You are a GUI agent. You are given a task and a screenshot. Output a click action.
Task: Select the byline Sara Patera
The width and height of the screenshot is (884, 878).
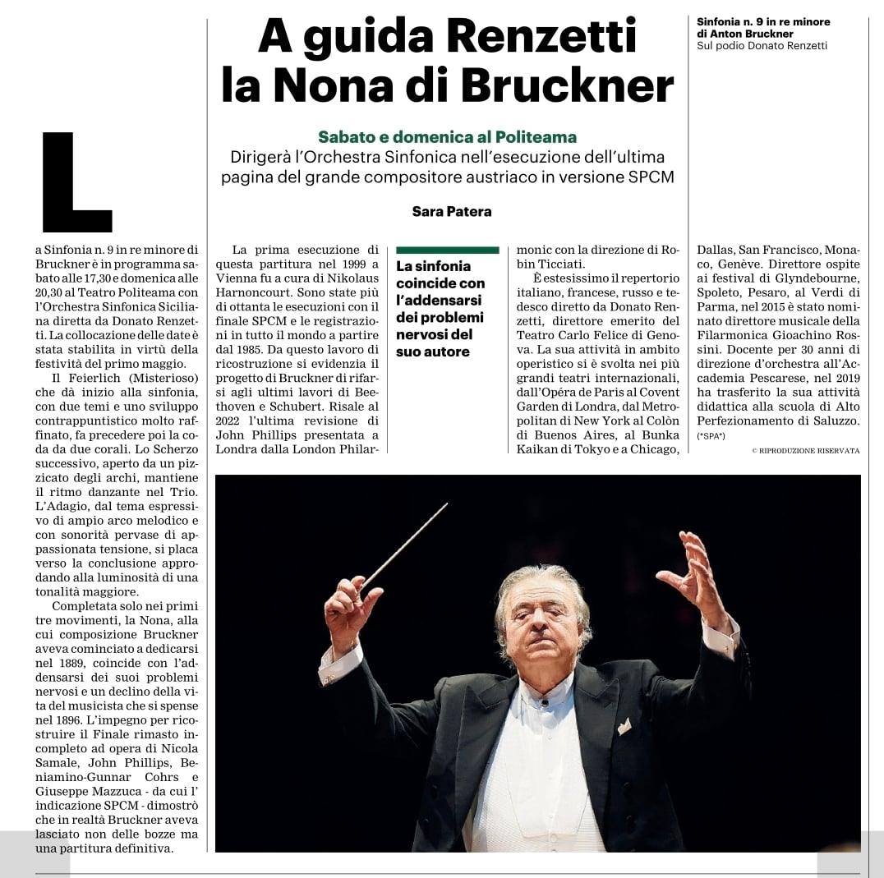point(451,212)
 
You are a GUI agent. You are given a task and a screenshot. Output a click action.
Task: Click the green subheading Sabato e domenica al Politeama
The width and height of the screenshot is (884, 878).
point(447,136)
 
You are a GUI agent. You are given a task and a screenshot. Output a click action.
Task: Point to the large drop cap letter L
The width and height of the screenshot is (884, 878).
point(76,181)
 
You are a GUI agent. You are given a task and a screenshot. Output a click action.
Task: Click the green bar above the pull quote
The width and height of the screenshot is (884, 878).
point(447,250)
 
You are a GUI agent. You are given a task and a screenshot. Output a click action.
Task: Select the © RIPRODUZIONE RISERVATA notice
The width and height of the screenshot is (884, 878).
point(805,451)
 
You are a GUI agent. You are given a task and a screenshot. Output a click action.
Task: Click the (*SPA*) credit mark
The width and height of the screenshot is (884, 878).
point(711,435)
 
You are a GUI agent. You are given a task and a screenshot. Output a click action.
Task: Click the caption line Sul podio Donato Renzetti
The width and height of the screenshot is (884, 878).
point(762,46)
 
